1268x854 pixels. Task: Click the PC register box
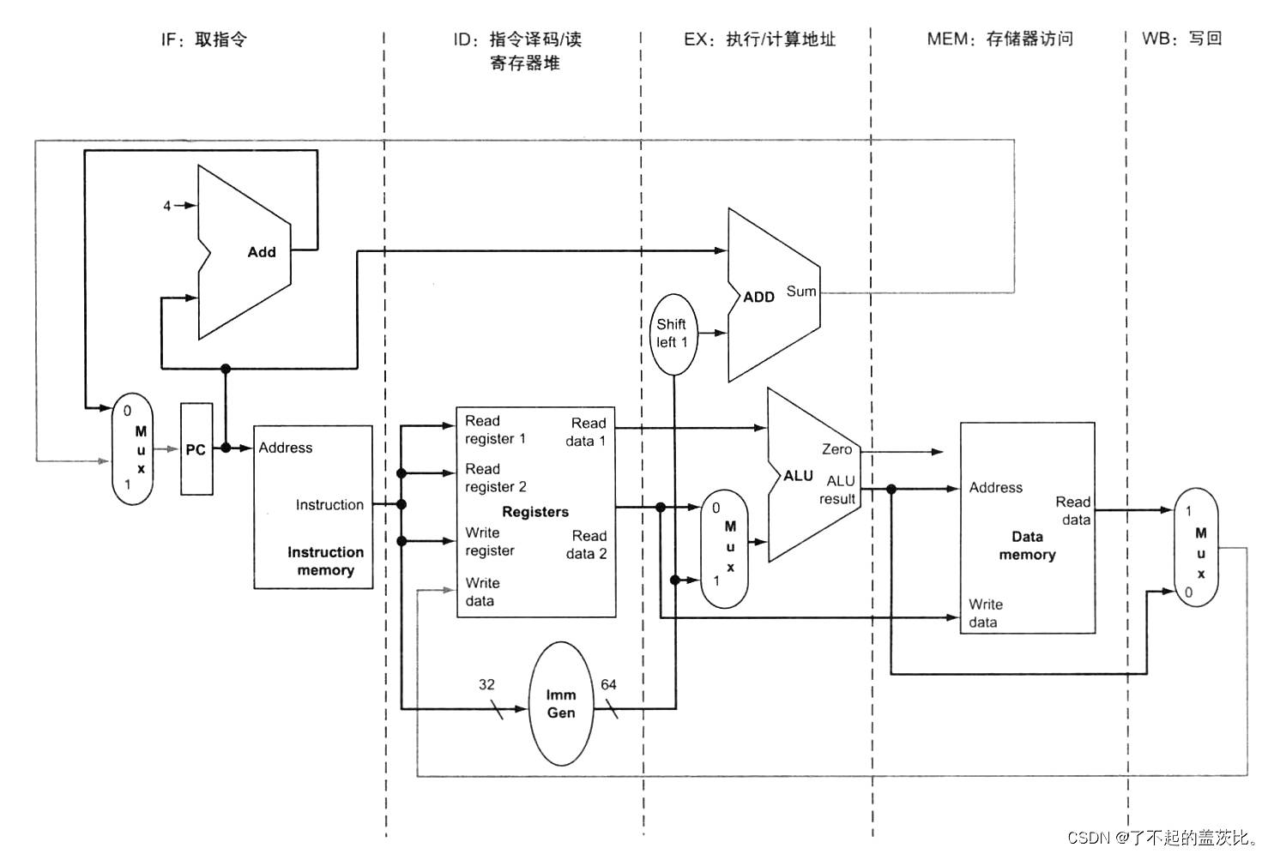click(x=196, y=449)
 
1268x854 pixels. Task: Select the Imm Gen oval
click(x=561, y=704)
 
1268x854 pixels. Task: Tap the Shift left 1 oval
click(x=673, y=334)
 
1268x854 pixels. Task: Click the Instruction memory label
click(x=325, y=562)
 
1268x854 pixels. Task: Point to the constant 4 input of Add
click(x=167, y=206)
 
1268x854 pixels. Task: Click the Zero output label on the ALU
click(x=836, y=449)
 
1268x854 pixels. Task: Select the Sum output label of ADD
click(x=801, y=292)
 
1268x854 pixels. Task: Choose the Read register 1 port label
click(x=495, y=430)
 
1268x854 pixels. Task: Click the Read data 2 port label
click(x=587, y=544)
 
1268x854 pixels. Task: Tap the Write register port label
click(x=490, y=542)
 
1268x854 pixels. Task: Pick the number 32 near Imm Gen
click(x=486, y=684)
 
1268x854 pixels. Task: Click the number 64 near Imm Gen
click(x=608, y=684)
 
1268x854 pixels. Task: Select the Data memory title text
click(x=1027, y=545)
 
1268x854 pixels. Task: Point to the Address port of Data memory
click(x=995, y=488)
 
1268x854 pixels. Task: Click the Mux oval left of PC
click(x=133, y=449)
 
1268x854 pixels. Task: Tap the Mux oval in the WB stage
click(x=1196, y=548)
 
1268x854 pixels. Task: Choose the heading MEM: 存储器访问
click(x=999, y=39)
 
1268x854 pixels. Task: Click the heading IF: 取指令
click(x=204, y=39)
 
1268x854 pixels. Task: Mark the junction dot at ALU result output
click(x=891, y=489)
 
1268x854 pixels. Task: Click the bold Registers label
click(x=535, y=512)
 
